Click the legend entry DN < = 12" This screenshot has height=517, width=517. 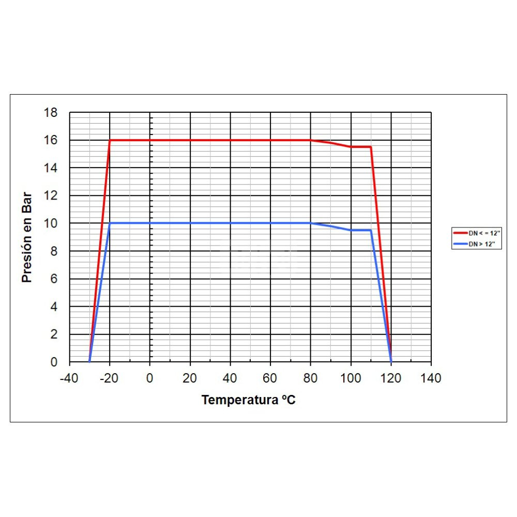(x=477, y=233)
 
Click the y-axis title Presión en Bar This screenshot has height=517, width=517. (x=27, y=237)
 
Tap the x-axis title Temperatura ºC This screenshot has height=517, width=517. (x=249, y=400)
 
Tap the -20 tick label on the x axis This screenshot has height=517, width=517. (x=109, y=378)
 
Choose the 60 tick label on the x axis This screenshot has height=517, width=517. (x=270, y=378)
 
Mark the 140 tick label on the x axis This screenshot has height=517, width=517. (x=431, y=378)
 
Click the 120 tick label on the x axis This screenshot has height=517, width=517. (x=391, y=378)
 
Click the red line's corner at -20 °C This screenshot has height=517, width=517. (x=110, y=140)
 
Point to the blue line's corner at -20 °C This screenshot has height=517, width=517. (x=110, y=223)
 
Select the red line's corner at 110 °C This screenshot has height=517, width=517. (x=371, y=147)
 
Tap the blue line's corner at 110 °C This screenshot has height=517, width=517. (x=371, y=230)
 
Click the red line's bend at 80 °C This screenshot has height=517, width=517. (x=311, y=140)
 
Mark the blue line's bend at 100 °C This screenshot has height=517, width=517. (x=351, y=230)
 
